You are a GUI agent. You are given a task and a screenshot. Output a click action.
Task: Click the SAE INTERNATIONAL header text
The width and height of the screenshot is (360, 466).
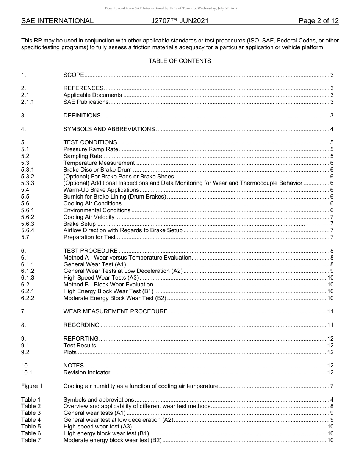57,21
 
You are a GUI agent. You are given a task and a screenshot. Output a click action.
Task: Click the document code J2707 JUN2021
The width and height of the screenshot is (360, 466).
180,21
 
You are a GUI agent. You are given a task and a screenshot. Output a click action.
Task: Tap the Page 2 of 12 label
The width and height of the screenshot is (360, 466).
318,21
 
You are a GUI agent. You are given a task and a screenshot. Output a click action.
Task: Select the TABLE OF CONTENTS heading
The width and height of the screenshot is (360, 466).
180,61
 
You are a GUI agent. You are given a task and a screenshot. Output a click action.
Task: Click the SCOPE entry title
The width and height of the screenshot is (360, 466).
74,75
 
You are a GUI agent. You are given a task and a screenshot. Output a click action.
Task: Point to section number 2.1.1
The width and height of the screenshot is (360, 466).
28,102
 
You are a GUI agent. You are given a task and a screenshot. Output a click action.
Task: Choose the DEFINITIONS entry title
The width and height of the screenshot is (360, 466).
82,116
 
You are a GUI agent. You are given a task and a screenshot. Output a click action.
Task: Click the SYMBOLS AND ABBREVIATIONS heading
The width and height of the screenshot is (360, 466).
109,129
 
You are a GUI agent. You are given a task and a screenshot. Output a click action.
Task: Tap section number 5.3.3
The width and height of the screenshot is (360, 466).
28,183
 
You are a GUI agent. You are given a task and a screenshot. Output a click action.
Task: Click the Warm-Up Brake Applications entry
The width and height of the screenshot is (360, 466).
101,190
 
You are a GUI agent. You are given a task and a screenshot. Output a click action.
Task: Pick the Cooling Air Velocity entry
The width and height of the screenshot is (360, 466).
89,217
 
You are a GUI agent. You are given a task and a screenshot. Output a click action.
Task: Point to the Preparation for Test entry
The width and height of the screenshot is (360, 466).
89,237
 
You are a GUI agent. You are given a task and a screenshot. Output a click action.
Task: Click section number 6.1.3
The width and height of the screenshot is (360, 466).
28,278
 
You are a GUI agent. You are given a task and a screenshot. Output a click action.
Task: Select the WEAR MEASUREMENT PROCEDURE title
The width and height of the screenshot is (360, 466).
115,311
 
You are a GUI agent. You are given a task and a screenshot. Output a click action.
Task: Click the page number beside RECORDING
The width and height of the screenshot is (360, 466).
330,325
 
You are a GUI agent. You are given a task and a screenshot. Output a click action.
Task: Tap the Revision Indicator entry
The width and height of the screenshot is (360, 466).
87,372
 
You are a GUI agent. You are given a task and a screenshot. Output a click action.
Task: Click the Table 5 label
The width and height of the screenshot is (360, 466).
31,427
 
